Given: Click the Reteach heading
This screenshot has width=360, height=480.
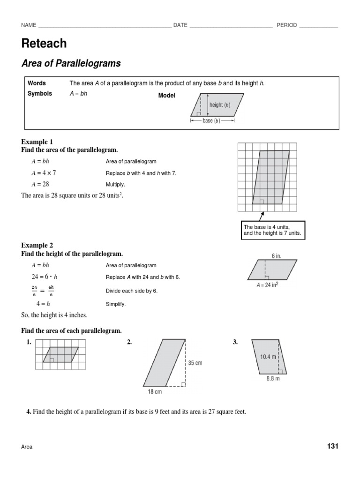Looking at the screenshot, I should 44,44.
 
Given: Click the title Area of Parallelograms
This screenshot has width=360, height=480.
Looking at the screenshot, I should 71,63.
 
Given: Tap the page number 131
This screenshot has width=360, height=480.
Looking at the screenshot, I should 332,446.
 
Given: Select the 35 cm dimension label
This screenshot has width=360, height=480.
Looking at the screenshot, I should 195,363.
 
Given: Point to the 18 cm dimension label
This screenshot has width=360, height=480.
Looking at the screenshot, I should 155,391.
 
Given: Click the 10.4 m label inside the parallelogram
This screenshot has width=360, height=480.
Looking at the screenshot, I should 269,357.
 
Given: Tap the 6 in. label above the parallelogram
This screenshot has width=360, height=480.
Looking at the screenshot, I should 277,256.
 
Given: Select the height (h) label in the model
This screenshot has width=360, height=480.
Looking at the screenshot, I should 220,105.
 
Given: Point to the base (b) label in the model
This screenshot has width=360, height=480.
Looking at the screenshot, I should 211,121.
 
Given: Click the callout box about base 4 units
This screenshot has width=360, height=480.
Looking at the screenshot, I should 272,230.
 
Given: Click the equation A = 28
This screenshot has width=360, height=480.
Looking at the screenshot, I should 40,184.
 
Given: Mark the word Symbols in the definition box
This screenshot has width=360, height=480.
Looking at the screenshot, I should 40,94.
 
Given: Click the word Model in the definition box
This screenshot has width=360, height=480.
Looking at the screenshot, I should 166,96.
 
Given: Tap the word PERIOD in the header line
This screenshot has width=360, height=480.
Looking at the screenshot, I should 286,25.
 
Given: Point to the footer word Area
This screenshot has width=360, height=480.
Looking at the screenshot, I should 27,447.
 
